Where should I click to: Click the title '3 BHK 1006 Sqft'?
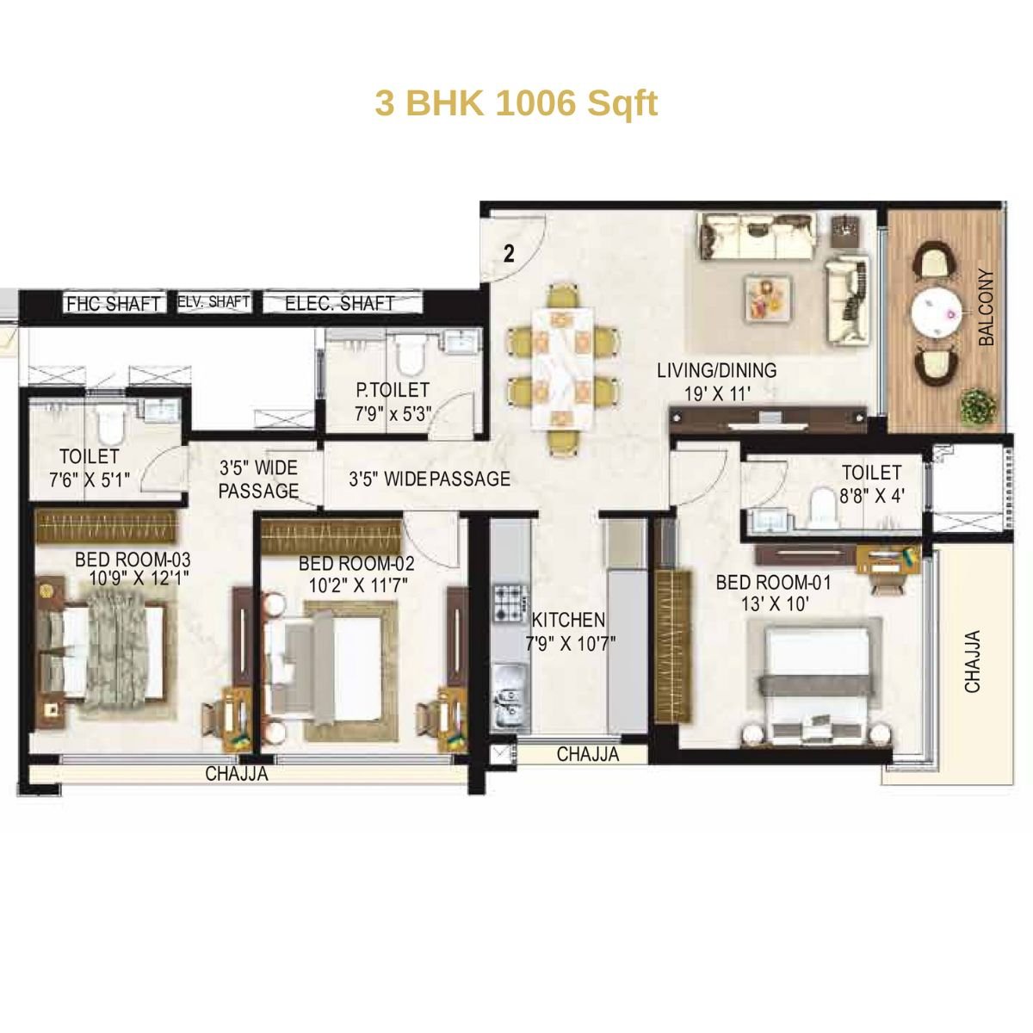coord(516,103)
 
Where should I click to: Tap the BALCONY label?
coord(987,308)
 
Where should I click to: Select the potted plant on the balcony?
coord(976,405)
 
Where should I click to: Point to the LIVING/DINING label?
coord(716,371)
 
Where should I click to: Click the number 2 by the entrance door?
coord(510,253)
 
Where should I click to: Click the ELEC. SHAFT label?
coord(339,304)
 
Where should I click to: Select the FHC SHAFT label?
coord(113,304)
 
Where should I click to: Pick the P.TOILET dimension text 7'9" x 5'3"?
coord(393,413)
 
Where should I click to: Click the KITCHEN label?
coord(568,620)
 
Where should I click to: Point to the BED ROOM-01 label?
coord(773,584)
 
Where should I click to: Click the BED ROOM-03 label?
coord(133,560)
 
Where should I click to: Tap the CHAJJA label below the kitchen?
coord(587,755)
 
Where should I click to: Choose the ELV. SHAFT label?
coord(213,302)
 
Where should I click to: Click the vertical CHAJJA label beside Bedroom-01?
coord(973,662)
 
